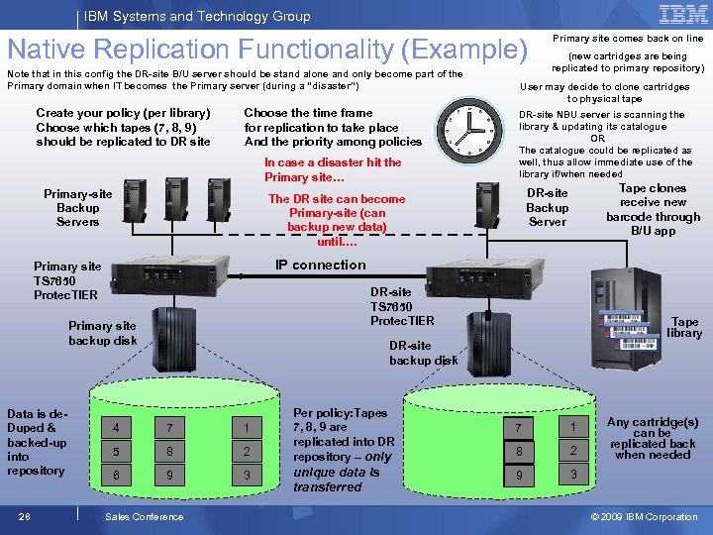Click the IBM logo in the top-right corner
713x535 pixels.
682,14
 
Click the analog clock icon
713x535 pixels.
476,125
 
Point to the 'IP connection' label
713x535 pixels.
320,265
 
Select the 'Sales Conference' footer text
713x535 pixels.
144,516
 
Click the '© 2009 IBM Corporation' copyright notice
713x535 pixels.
644,516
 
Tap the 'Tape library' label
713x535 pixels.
684,327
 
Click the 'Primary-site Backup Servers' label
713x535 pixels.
77,208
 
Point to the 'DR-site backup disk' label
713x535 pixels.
423,353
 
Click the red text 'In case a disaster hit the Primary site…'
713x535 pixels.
333,169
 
